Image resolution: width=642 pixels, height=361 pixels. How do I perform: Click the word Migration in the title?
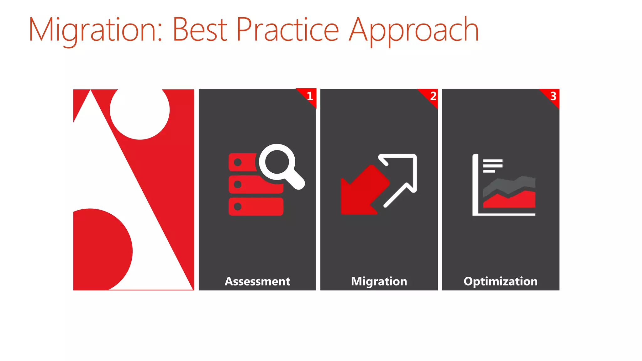click(x=96, y=30)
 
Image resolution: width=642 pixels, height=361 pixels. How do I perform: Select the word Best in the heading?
click(x=199, y=30)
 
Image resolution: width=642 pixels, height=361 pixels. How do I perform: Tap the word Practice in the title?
click(x=287, y=30)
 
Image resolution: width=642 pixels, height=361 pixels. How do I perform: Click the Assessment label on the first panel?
click(x=257, y=281)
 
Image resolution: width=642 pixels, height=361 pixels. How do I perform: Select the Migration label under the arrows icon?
click(x=379, y=281)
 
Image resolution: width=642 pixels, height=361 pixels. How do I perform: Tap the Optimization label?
click(x=501, y=281)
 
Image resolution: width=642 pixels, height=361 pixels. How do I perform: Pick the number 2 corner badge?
click(x=433, y=96)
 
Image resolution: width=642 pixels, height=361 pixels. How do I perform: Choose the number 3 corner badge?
click(x=553, y=96)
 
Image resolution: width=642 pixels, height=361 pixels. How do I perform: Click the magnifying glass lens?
click(x=277, y=162)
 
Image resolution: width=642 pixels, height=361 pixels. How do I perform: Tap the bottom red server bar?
click(x=256, y=207)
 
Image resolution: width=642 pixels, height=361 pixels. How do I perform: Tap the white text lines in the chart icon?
click(x=492, y=165)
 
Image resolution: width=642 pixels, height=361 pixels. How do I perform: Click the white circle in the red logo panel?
click(x=140, y=111)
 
